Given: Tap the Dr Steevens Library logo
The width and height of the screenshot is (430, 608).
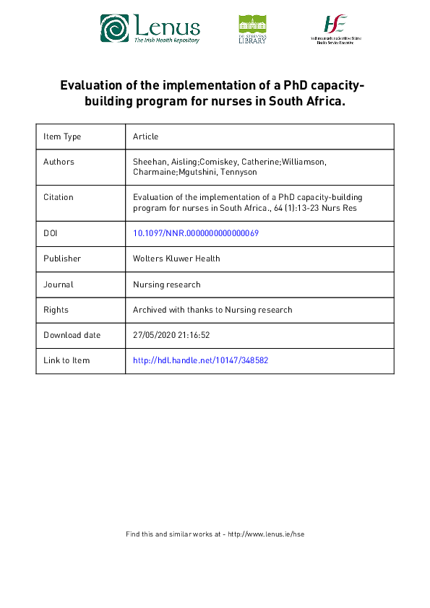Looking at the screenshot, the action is pos(252,29).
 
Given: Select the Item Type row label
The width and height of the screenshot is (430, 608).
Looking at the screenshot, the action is pos(62,136).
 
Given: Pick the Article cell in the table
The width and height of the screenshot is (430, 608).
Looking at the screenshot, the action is pos(145,136).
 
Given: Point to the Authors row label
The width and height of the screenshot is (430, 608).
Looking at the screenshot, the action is pos(59,162).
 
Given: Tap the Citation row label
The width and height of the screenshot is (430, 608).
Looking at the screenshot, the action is pos(59,197).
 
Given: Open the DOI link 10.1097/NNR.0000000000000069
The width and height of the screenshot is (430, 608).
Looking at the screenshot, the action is pos(196,233).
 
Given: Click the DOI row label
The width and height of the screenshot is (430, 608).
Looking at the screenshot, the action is pos(51,233).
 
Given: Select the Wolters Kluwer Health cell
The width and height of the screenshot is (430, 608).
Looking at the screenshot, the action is pos(176,259).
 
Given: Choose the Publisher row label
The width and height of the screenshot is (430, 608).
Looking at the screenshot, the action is pos(62,259).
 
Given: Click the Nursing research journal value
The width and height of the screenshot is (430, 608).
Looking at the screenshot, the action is pos(167,285).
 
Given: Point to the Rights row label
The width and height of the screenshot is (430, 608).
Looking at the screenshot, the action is pos(56,310).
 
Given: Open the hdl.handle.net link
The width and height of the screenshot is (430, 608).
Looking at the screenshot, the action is pos(201,360).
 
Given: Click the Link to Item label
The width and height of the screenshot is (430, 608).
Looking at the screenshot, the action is pos(66,360).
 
